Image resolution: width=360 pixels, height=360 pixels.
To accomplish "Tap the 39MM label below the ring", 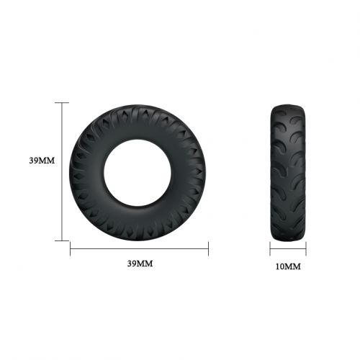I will (x=140, y=264).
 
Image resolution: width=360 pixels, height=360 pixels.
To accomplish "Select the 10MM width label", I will (x=288, y=266).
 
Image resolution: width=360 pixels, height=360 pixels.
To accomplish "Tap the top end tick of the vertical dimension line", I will (x=63, y=102).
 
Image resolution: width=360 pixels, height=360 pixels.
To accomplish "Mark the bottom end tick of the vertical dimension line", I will (x=63, y=240).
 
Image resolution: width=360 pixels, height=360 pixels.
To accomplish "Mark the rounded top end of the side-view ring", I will (x=288, y=105).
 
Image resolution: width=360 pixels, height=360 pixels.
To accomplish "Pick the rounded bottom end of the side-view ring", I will (x=288, y=239).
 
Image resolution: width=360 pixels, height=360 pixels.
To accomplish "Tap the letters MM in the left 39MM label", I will (x=47, y=160).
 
